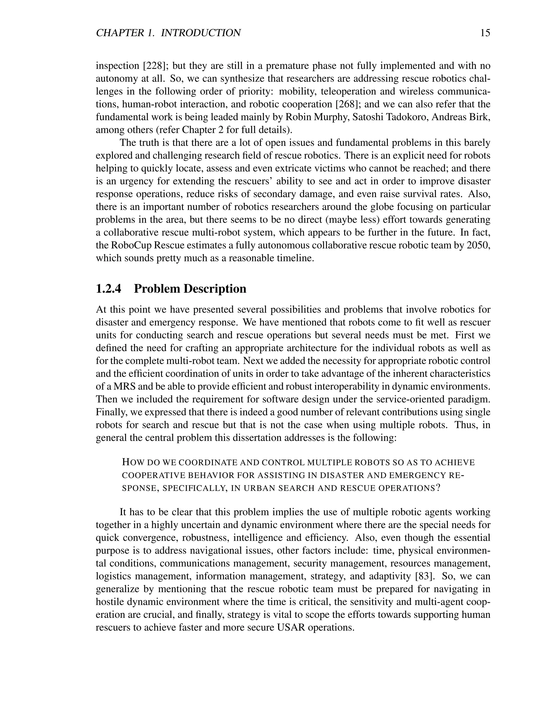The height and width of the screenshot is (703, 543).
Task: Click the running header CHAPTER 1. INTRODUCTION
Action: coord(168,33)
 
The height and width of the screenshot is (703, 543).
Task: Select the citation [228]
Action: coord(154,66)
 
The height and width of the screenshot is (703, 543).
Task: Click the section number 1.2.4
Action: coord(109,289)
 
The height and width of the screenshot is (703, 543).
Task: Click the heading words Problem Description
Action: coord(190,289)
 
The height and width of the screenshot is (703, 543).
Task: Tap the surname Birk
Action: coord(480,117)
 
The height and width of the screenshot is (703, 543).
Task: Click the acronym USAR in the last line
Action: coord(291,627)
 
